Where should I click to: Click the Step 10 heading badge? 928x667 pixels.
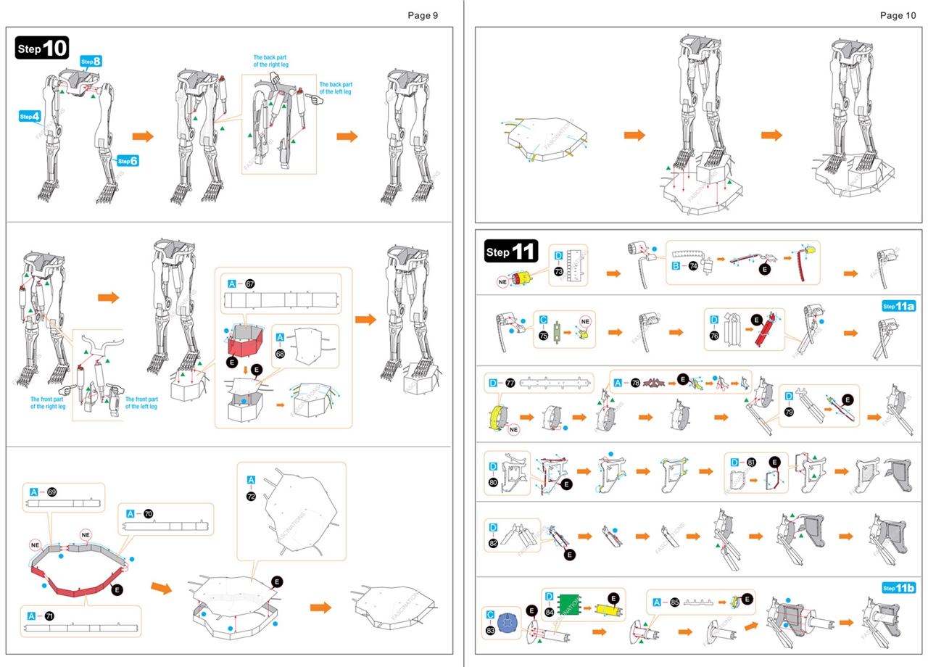(x=42, y=48)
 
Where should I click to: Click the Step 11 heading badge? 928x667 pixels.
(x=510, y=252)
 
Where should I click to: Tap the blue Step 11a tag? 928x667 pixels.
(x=898, y=306)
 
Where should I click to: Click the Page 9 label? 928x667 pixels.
(x=422, y=14)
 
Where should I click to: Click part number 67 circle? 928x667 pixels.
(x=250, y=283)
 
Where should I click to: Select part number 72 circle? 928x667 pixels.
(x=251, y=497)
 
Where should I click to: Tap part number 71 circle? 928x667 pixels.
(x=51, y=616)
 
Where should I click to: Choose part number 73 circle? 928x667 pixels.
(x=558, y=271)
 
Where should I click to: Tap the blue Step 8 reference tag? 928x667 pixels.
(x=91, y=62)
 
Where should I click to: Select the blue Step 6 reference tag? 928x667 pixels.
(x=128, y=160)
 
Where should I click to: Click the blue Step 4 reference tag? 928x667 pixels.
(x=30, y=116)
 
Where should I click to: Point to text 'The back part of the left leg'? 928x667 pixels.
(x=336, y=88)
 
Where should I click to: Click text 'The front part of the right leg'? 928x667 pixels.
(x=48, y=402)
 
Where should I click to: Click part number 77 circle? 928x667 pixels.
(x=510, y=383)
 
